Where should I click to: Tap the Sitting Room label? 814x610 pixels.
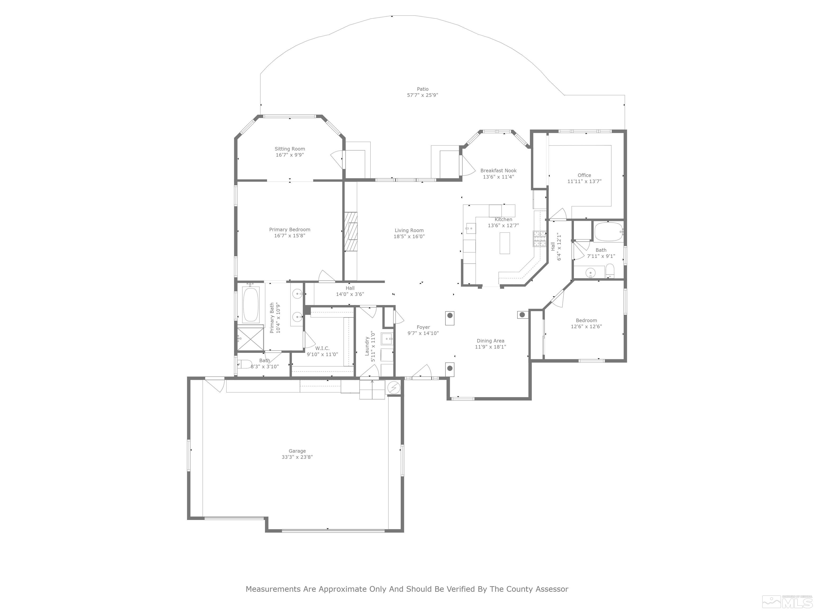pyautogui.click(x=290, y=149)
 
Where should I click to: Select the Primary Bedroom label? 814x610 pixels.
pyautogui.click(x=290, y=230)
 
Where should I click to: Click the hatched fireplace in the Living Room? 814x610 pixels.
pyautogui.click(x=351, y=232)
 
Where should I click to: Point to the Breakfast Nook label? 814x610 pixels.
pyautogui.click(x=498, y=171)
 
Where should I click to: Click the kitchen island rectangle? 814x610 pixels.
pyautogui.click(x=505, y=243)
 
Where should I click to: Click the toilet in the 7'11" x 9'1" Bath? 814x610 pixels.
pyautogui.click(x=610, y=271)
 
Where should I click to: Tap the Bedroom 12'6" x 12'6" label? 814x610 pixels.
pyautogui.click(x=586, y=320)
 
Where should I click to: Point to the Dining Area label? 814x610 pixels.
pyautogui.click(x=490, y=341)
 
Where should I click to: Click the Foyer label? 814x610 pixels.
pyautogui.click(x=423, y=327)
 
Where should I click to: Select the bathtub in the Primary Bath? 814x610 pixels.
pyautogui.click(x=251, y=305)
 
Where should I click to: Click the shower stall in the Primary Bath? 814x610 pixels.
pyautogui.click(x=250, y=338)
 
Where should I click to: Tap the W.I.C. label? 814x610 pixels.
pyautogui.click(x=322, y=348)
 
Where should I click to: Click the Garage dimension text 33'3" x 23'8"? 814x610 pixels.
pyautogui.click(x=297, y=457)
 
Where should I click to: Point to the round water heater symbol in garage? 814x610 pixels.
pyautogui.click(x=393, y=388)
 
